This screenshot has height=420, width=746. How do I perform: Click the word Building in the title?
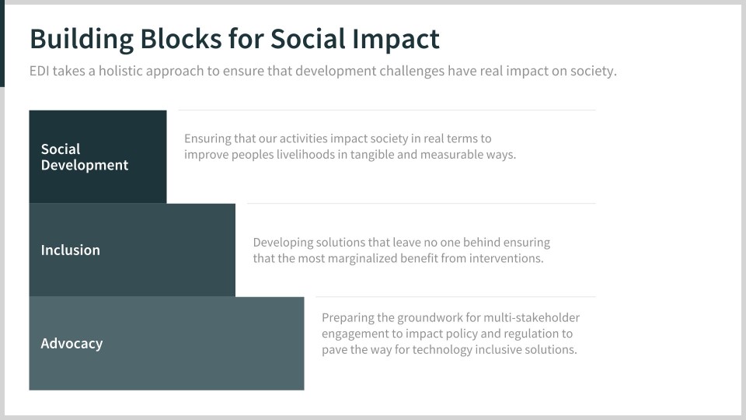point(82,40)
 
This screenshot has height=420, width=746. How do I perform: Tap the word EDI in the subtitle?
point(40,71)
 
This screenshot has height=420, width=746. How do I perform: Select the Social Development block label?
point(85,156)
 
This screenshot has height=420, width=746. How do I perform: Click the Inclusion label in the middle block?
point(71,250)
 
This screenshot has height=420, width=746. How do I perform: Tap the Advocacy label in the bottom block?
point(71,344)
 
